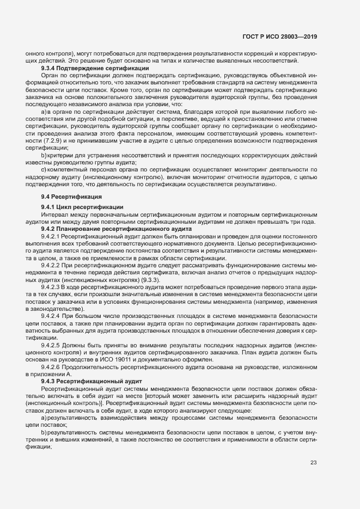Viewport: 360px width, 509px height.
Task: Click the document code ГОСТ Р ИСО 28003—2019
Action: (x=279, y=36)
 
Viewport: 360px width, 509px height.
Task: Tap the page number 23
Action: (x=313, y=463)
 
